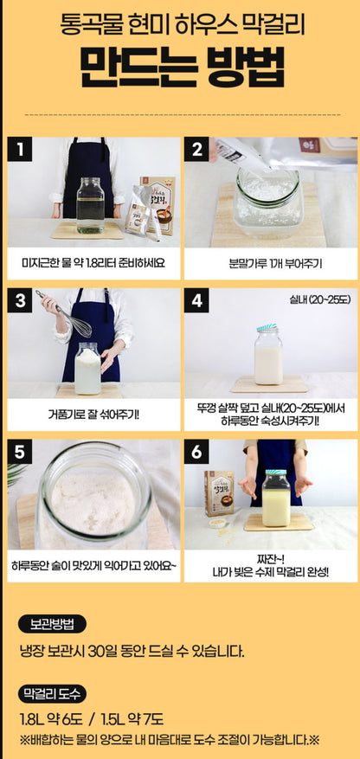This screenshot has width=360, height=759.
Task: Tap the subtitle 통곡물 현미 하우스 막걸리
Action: pos(180,21)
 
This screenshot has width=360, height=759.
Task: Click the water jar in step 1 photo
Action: pos(90,205)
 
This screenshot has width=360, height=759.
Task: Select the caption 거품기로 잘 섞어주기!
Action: pos(93,414)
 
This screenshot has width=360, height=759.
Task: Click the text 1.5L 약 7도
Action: pos(131,719)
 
